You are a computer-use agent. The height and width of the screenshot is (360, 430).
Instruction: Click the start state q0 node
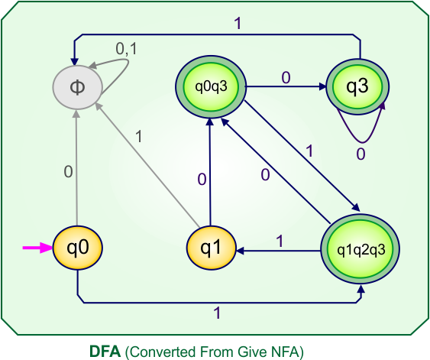(x=78, y=248)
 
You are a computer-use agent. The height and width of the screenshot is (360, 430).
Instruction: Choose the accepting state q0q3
(x=210, y=86)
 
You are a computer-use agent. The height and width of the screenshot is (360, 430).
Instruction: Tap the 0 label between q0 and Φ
(x=68, y=172)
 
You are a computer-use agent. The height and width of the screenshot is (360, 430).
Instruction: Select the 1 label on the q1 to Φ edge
(x=139, y=137)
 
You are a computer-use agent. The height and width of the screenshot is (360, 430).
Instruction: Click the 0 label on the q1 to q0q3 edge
(x=202, y=180)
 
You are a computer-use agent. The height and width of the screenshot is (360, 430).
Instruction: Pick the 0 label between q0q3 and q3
(x=286, y=77)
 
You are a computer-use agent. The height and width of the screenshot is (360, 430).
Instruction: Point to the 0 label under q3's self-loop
(x=360, y=153)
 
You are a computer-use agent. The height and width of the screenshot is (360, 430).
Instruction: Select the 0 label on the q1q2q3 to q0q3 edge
(x=265, y=175)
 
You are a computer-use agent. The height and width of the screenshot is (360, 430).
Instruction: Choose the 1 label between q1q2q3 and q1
(x=279, y=241)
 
